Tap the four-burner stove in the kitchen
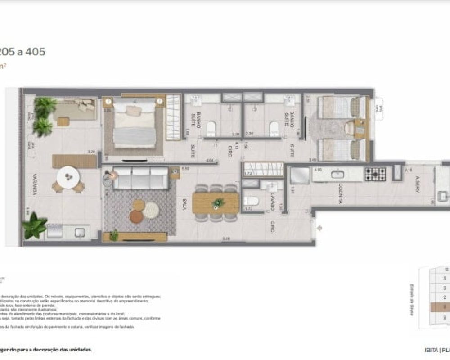click(375, 174)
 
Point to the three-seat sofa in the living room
click(140, 178)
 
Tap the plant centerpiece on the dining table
click(218, 202)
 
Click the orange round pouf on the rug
click(136, 216)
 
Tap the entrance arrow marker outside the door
click(319, 229)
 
